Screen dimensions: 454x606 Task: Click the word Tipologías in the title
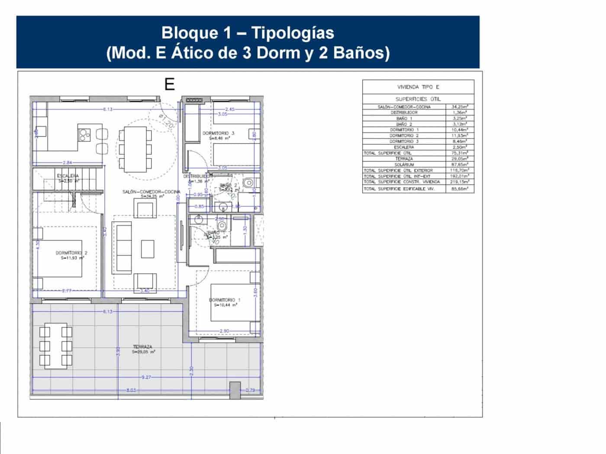(x=293, y=33)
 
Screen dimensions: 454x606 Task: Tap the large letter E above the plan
(x=170, y=84)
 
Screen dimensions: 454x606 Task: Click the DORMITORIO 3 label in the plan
(x=218, y=133)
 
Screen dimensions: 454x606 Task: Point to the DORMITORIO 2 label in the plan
(x=71, y=253)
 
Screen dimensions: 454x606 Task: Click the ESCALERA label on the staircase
(x=68, y=176)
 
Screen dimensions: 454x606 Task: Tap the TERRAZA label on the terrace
(x=142, y=347)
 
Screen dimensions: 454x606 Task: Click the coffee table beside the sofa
(x=148, y=249)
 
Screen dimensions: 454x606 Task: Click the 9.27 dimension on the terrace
(x=146, y=377)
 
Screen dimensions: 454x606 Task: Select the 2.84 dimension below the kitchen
(x=67, y=163)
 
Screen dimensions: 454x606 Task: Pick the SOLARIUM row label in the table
(x=404, y=165)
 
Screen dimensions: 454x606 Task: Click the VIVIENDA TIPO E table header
(x=418, y=87)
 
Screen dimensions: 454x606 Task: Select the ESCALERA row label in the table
(x=404, y=147)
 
